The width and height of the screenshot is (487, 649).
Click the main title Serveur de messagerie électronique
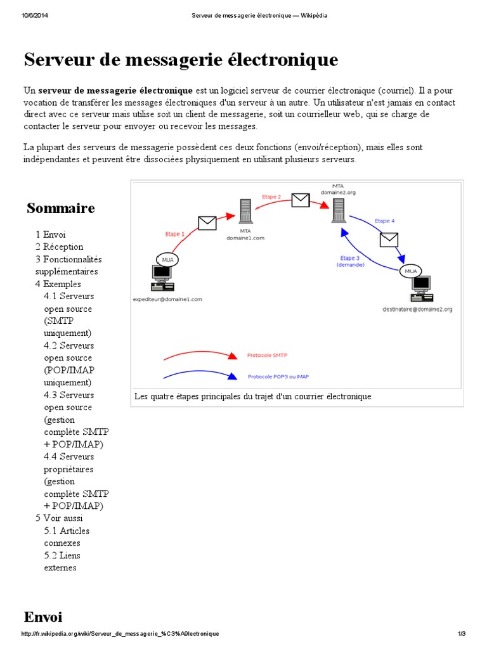[x=181, y=60]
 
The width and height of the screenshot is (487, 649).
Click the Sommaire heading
[x=61, y=208]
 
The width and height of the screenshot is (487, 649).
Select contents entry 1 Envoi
[x=51, y=235]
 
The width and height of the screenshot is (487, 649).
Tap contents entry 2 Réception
[x=60, y=247]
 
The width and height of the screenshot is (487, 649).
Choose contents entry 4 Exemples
[x=58, y=284]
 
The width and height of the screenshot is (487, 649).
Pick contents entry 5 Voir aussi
[x=59, y=518]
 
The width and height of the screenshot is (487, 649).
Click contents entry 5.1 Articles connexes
[x=67, y=536]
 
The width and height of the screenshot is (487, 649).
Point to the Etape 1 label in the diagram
[x=175, y=233]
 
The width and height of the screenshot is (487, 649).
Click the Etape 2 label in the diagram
[x=271, y=197]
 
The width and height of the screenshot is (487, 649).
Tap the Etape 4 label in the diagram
[x=384, y=221]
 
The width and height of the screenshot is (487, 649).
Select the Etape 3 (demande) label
[x=349, y=262]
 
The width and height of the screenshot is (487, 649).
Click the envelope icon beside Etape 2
[x=300, y=200]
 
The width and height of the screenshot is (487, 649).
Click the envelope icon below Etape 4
[x=388, y=240]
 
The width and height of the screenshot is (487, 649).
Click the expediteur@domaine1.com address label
[x=167, y=299]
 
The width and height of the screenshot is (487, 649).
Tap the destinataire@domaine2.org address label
[x=417, y=309]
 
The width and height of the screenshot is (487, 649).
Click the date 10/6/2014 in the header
[x=34, y=15]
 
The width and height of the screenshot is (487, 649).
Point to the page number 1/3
[x=461, y=634]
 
